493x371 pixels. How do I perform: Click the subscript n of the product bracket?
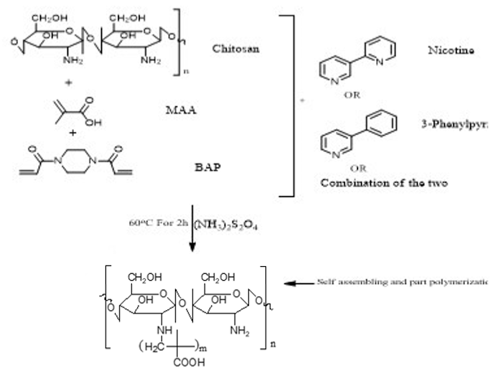273,344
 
